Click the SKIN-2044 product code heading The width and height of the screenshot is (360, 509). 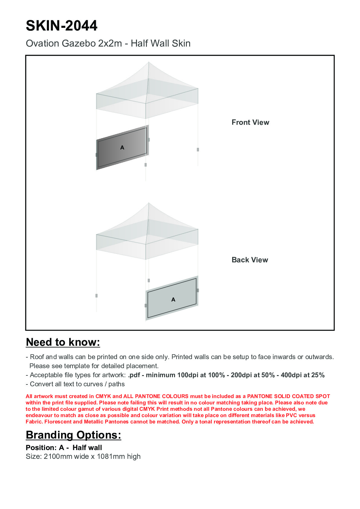coord(62,26)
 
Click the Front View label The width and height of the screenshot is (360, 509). coord(250,122)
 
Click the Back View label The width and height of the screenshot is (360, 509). coord(250,260)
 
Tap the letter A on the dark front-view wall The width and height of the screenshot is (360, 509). coord(122,148)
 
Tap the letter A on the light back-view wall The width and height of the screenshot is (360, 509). coord(173,300)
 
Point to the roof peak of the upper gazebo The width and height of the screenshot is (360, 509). coord(148,63)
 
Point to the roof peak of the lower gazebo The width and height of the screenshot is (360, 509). coord(148,203)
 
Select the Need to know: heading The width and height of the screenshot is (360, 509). coord(63,342)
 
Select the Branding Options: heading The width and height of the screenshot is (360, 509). coord(73,435)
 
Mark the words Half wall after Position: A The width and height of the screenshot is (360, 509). coord(87,448)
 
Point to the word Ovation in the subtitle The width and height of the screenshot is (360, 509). coord(43,44)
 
